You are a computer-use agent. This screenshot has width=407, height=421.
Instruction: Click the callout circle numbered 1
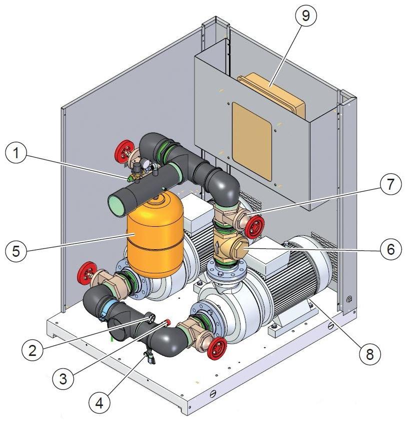(16, 154)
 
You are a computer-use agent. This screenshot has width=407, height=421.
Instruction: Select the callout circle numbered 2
(32, 350)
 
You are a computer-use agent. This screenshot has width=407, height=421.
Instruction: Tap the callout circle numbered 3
(63, 379)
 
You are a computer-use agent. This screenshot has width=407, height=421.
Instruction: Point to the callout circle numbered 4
(99, 403)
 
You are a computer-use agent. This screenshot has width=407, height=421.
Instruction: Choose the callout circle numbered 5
(16, 251)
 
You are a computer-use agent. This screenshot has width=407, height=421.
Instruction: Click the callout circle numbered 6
(391, 249)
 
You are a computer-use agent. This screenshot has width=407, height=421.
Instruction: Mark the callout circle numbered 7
(390, 184)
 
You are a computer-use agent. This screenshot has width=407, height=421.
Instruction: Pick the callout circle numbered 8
(370, 354)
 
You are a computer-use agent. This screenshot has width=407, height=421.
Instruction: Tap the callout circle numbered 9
(305, 16)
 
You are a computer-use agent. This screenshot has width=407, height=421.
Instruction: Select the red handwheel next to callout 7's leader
(254, 227)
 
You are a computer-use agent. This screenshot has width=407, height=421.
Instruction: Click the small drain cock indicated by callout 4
(149, 357)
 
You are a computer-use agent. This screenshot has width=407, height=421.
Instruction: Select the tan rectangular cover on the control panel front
(252, 141)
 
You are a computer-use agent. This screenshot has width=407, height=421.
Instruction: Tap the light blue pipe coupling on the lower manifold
(111, 308)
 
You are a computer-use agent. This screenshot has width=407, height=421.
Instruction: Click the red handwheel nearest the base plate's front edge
(217, 348)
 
